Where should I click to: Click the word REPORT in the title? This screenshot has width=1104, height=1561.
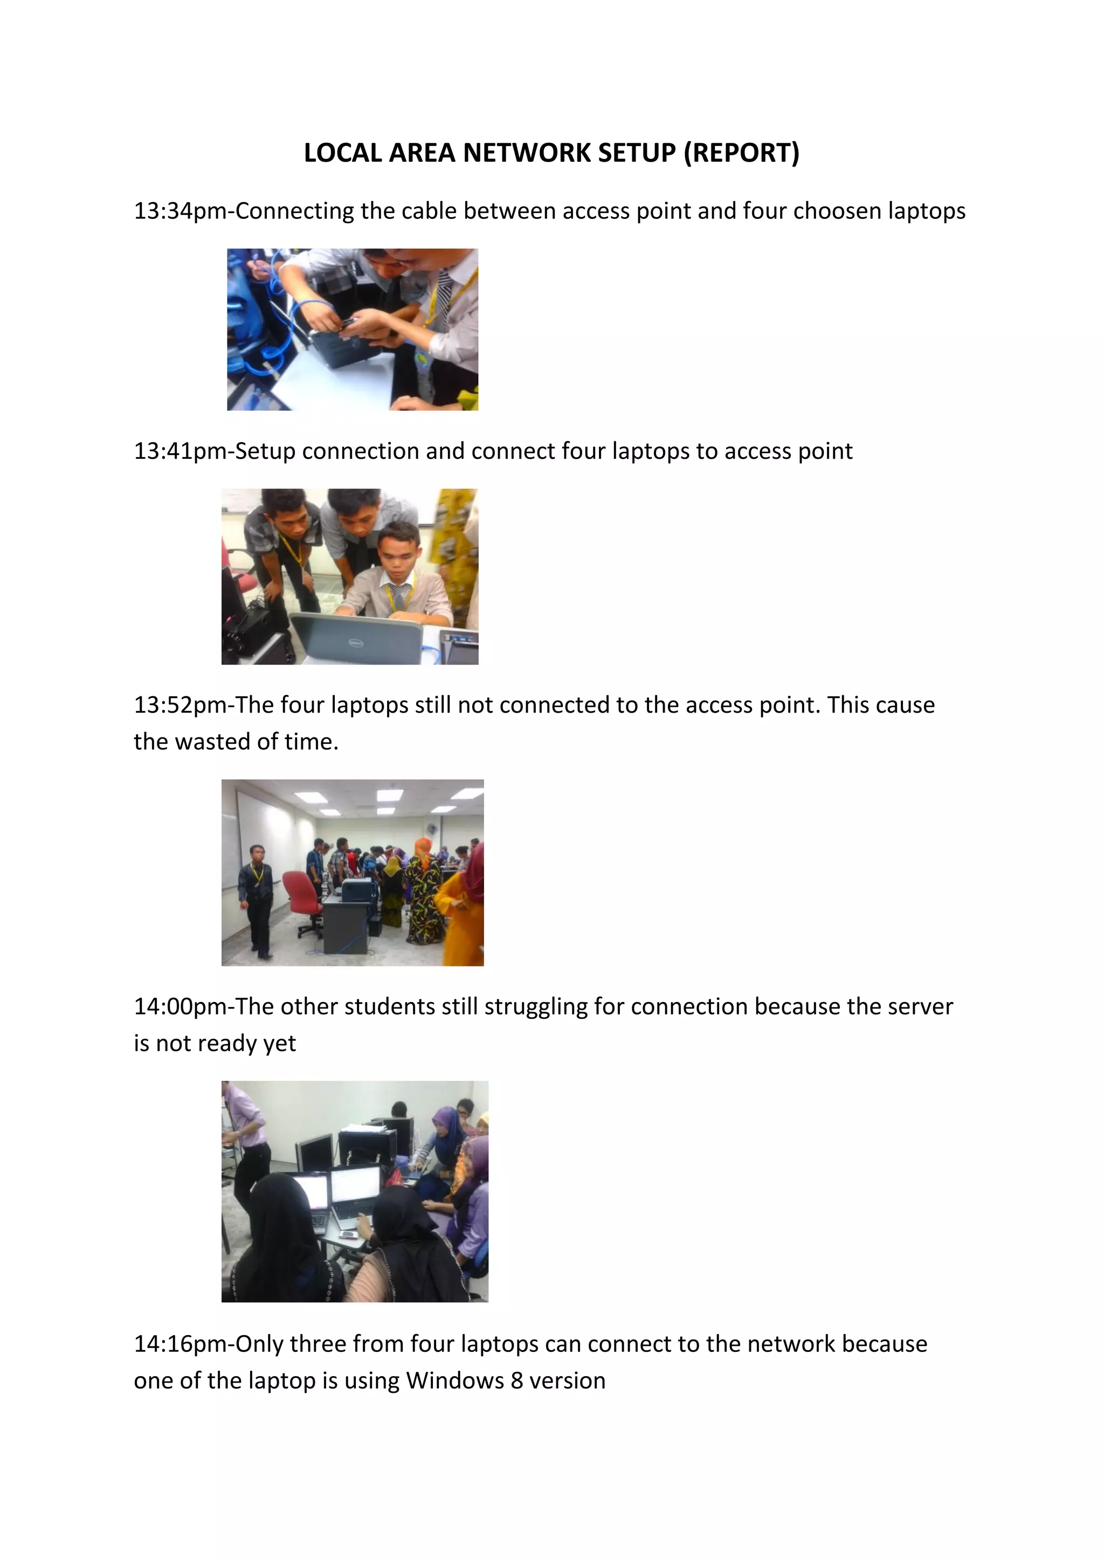point(742,153)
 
